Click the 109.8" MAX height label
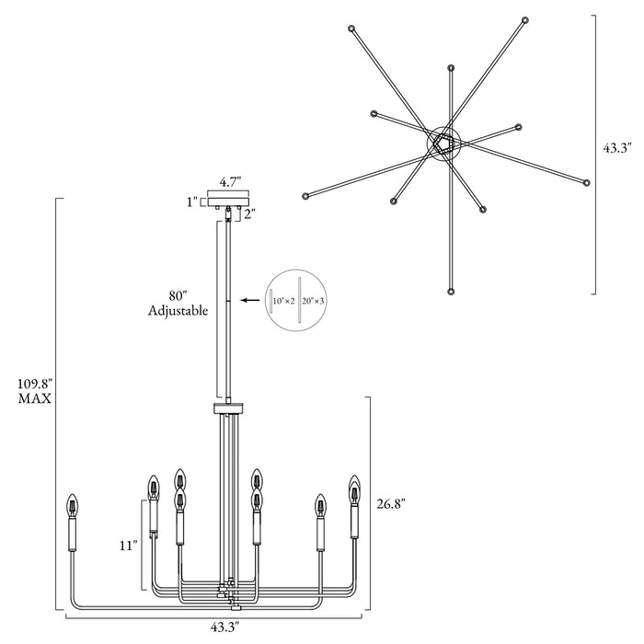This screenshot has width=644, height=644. click(35, 391)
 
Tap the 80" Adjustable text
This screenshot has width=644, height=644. click(178, 304)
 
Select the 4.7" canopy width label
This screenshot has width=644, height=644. click(230, 182)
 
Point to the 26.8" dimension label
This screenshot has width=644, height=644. click(391, 503)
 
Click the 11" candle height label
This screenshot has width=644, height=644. click(128, 546)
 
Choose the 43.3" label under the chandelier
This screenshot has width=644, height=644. click(225, 627)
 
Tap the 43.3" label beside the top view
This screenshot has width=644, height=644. click(616, 148)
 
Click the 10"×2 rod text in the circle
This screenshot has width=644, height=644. click(284, 301)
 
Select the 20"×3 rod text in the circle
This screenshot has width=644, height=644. click(313, 301)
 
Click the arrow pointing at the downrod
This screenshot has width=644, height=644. click(250, 300)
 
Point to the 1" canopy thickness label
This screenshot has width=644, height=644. click(192, 202)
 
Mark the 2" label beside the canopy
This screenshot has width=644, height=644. click(249, 214)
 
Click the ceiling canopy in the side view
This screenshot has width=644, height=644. click(228, 199)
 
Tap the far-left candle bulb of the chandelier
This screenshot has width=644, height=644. click(73, 506)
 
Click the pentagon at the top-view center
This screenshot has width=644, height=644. click(443, 144)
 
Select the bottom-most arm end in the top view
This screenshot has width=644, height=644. click(451, 292)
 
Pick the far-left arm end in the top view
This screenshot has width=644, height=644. click(305, 196)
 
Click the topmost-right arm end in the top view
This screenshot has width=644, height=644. click(525, 19)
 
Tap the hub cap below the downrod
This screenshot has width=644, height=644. click(228, 409)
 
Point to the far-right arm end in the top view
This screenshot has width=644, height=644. click(587, 182)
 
